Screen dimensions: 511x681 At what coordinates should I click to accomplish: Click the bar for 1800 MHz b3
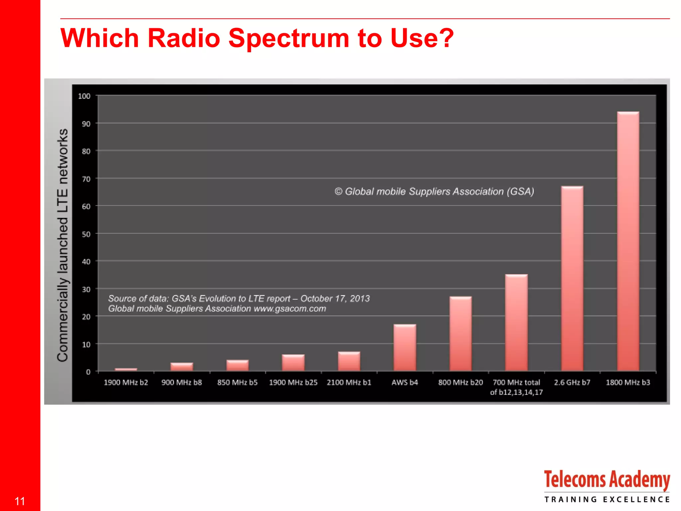click(628, 241)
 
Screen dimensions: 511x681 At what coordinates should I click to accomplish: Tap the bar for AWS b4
click(405, 348)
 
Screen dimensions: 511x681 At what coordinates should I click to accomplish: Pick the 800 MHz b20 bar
click(461, 334)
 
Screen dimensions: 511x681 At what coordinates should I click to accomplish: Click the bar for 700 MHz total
click(516, 323)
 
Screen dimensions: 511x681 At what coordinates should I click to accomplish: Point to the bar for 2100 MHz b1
click(349, 361)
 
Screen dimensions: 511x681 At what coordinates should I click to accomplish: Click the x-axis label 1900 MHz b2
click(126, 383)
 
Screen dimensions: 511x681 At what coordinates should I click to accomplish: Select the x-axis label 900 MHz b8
click(182, 383)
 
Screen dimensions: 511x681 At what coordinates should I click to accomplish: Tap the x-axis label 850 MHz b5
click(237, 383)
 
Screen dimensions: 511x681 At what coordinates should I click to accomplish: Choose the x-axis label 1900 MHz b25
click(293, 383)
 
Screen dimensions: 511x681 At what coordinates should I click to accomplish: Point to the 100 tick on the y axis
click(84, 96)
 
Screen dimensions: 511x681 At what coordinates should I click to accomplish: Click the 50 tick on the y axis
click(86, 234)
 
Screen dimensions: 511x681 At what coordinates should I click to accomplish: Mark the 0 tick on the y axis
click(88, 372)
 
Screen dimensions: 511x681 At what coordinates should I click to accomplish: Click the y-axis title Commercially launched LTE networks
click(63, 245)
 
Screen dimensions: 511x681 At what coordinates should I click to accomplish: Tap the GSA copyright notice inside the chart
click(434, 192)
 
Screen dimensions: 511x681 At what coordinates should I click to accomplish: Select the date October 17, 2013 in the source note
click(335, 298)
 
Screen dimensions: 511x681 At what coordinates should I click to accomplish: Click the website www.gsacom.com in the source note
click(290, 309)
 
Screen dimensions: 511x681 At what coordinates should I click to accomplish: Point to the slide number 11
click(20, 501)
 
